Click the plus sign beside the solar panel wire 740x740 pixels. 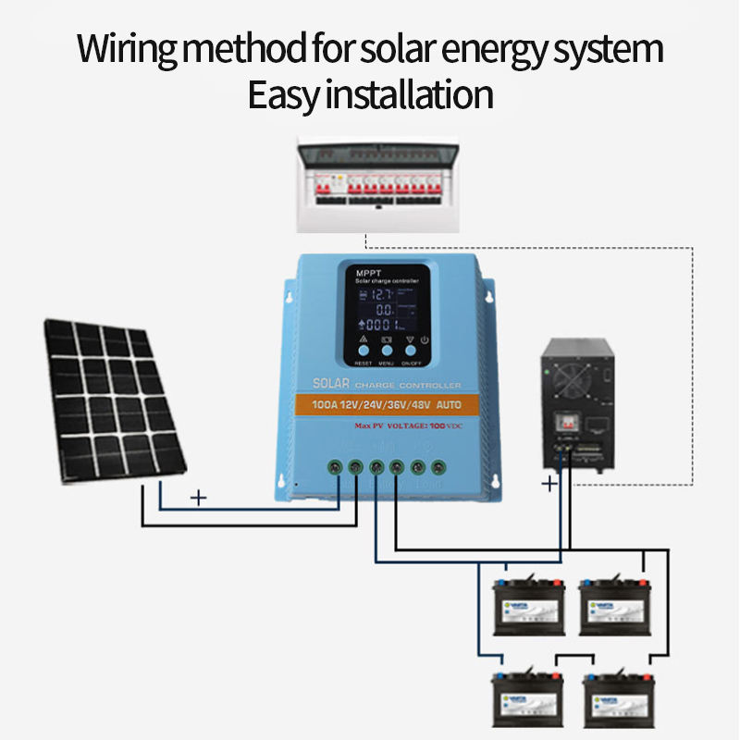tap(197, 498)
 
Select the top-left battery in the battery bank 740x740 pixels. tap(529, 606)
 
